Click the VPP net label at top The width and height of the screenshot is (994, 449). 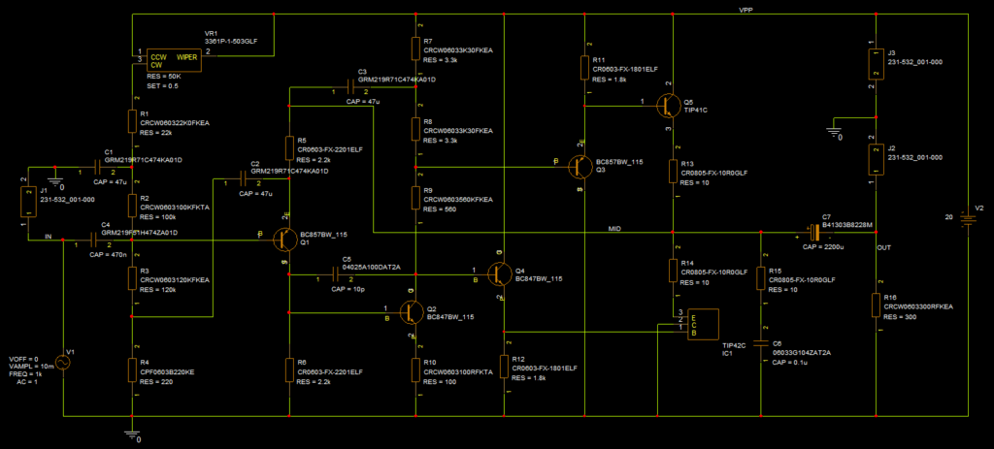click(x=745, y=9)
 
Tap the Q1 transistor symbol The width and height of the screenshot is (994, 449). click(x=284, y=237)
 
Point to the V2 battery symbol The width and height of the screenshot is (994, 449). click(x=966, y=217)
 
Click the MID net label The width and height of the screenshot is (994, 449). click(x=613, y=229)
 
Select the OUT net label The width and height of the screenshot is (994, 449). click(x=883, y=248)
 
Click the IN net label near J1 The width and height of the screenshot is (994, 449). click(x=47, y=236)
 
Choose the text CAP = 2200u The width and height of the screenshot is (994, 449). click(x=826, y=247)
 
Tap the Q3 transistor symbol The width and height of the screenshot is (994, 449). click(x=580, y=167)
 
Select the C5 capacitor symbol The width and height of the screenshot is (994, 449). click(x=327, y=277)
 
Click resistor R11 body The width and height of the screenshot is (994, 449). click(x=584, y=67)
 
